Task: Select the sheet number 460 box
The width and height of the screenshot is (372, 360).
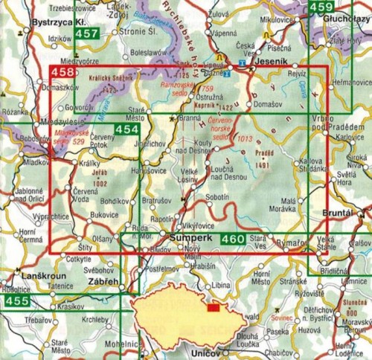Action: (233, 239)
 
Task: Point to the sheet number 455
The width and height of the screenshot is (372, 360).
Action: (15, 300)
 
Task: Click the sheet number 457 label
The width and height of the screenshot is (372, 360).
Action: (87, 34)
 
